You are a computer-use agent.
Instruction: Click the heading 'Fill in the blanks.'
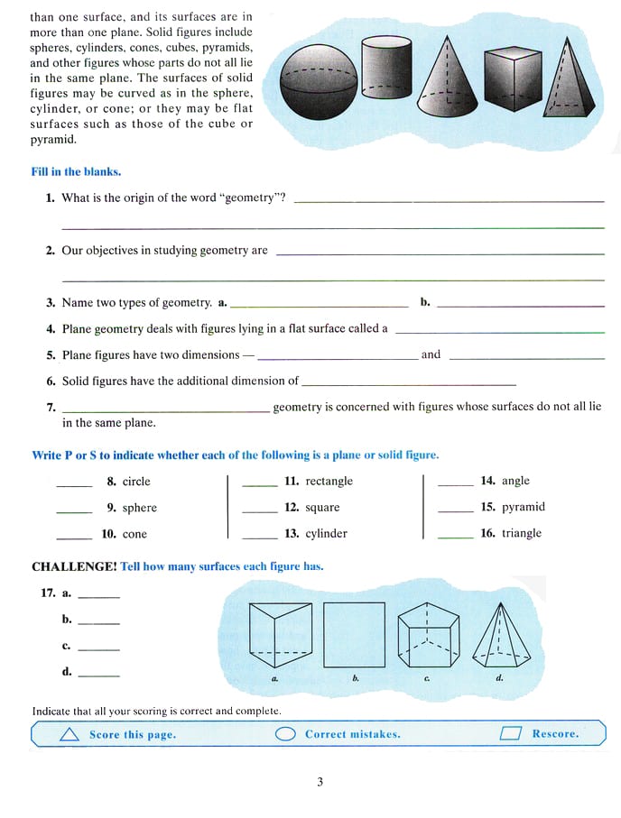pos(76,171)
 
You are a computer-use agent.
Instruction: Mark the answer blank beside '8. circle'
pos(74,482)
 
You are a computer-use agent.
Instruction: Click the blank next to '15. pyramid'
pos(455,508)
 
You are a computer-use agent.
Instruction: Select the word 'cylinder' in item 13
pos(326,534)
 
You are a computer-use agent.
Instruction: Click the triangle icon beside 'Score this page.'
pos(69,735)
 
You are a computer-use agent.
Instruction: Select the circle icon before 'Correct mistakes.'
pos(285,734)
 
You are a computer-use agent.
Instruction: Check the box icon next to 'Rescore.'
pos(511,734)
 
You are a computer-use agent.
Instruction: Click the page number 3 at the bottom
pos(320,783)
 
